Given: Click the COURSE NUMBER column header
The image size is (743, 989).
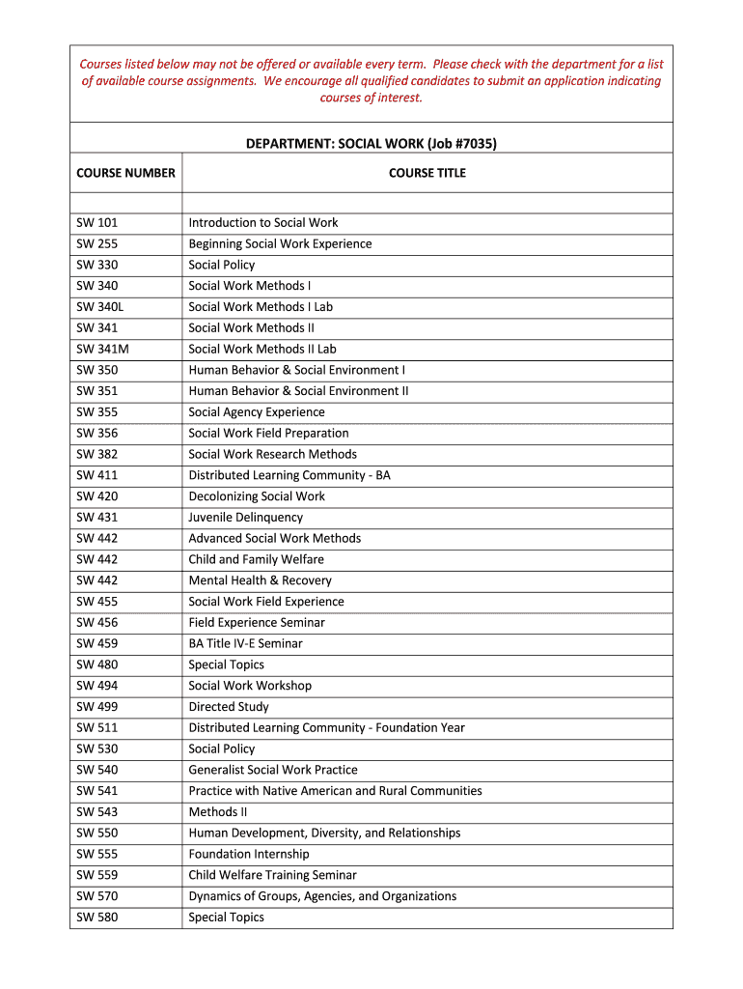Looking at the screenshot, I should (x=125, y=173).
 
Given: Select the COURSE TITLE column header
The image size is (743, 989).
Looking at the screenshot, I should (x=427, y=173).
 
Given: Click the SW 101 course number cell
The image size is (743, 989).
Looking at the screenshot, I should (x=96, y=222).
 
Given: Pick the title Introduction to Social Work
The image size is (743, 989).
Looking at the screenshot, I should (x=263, y=222).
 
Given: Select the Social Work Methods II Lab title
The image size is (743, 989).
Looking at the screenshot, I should (x=262, y=349).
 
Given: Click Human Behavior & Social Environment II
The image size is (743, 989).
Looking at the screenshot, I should (x=298, y=391).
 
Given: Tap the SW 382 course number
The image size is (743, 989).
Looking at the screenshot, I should (x=96, y=454).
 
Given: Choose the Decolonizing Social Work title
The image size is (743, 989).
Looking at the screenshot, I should (x=257, y=496).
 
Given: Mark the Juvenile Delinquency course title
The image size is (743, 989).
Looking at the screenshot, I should (x=245, y=518).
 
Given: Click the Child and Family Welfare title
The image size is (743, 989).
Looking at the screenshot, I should (x=256, y=559).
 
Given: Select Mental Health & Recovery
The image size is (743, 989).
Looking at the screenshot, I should (x=260, y=580).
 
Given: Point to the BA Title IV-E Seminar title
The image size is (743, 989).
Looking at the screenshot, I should (x=245, y=643).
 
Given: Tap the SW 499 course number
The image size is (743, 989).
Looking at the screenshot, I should (x=96, y=707).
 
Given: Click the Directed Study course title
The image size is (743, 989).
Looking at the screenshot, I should (x=229, y=707).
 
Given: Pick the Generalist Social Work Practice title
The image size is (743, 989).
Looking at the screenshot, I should (x=273, y=770).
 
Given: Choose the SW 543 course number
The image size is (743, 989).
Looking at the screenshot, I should (x=96, y=812).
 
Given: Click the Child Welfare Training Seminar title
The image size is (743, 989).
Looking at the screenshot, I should (x=272, y=875).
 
